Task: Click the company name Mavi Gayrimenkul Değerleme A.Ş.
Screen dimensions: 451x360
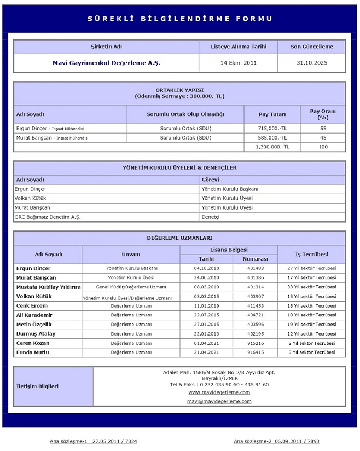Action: [x=106, y=63]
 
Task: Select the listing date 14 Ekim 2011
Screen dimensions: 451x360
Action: [x=238, y=63]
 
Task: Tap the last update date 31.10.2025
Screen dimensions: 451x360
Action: [x=311, y=63]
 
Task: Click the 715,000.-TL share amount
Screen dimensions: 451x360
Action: [x=272, y=128]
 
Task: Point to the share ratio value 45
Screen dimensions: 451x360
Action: [x=323, y=137]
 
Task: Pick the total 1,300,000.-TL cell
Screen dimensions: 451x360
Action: [x=272, y=147]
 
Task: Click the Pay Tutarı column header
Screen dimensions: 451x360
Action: [x=272, y=114]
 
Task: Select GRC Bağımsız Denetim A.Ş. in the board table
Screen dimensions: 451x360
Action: [x=48, y=217]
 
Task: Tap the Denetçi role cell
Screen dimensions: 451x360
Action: [x=211, y=217]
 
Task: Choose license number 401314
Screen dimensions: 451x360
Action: [x=256, y=287]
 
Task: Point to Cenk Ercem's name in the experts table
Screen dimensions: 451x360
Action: [x=32, y=305]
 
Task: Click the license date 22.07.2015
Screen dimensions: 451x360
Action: [x=206, y=315]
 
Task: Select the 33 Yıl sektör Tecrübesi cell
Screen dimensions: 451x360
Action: [x=311, y=287]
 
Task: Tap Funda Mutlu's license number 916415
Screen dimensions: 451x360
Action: [x=256, y=352]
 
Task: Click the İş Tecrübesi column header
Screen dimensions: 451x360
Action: [x=311, y=254]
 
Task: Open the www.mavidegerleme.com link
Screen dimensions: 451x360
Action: [x=219, y=392]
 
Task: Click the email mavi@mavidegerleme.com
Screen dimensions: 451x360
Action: [x=219, y=401]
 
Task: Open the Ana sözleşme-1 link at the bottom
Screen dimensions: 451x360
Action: [x=94, y=441]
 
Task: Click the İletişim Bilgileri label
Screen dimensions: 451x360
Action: [x=38, y=386]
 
